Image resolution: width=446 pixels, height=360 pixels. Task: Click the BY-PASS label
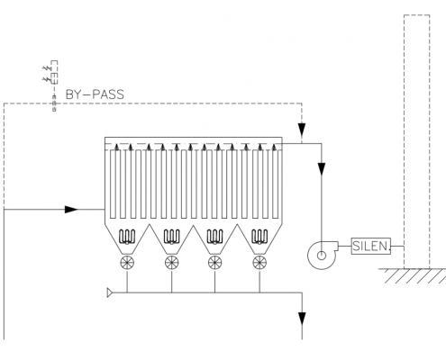95,94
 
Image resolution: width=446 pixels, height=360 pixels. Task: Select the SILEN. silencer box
371,247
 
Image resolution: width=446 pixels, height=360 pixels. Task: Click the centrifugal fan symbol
322,255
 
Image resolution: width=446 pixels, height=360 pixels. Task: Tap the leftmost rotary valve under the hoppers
127,263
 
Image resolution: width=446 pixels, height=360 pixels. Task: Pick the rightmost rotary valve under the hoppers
259,263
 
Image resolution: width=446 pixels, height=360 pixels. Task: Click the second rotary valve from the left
172,263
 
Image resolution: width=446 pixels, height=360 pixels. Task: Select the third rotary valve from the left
215,263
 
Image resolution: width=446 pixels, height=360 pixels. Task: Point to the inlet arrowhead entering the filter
71,209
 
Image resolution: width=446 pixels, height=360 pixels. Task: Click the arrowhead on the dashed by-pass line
302,130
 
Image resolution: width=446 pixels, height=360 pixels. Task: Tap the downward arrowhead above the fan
322,169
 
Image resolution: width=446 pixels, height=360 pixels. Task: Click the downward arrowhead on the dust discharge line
302,319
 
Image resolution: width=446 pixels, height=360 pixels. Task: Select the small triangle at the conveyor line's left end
110,292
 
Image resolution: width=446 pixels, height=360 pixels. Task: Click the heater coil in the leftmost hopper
127,237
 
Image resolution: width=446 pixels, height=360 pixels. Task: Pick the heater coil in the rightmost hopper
259,237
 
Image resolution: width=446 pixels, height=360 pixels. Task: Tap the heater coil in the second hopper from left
172,237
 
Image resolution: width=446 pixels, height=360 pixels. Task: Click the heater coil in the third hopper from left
215,237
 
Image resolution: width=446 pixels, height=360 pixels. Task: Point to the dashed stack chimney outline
405,141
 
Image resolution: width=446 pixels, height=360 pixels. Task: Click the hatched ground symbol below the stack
412,276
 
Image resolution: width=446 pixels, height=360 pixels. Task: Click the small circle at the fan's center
322,256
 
